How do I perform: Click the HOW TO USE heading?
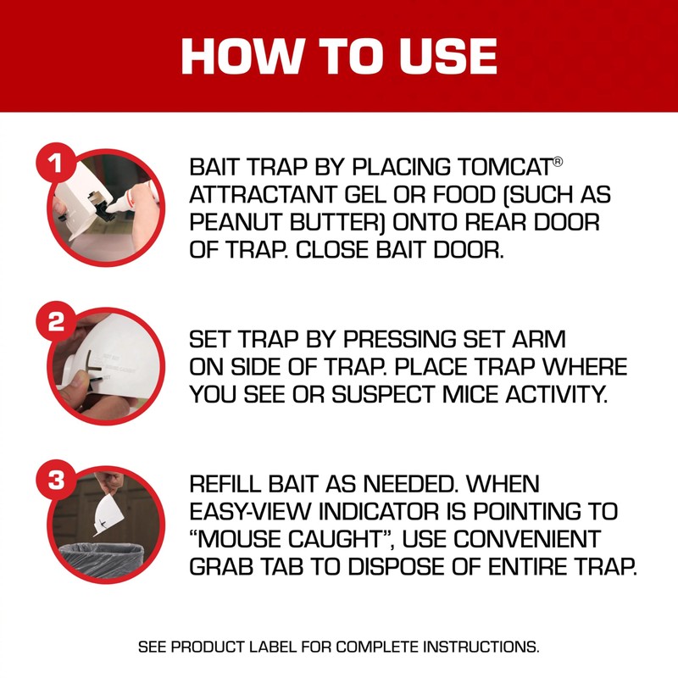(339, 55)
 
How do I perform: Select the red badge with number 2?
(57, 323)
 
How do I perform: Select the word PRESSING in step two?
(395, 339)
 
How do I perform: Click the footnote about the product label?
(338, 647)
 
